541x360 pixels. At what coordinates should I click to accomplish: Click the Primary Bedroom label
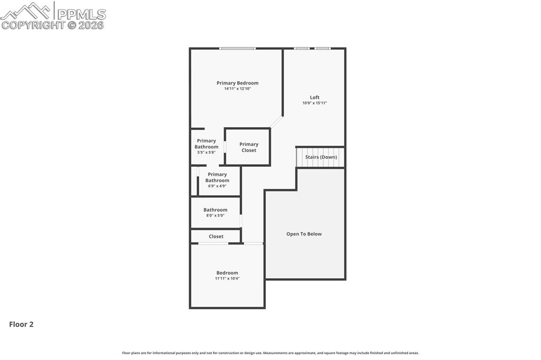237,83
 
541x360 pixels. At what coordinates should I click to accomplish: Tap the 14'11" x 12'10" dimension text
237,89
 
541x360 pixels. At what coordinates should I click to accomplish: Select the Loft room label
314,97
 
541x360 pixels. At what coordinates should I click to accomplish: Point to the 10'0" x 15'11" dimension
314,103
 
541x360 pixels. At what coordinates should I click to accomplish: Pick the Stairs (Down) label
321,157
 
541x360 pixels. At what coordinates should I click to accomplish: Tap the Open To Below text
304,234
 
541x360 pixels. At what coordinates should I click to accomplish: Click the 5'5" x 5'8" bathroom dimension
206,153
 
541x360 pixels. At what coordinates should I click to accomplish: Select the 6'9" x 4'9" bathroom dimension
217,186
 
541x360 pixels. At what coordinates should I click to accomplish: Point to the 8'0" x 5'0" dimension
215,215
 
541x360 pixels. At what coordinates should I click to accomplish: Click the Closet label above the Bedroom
216,236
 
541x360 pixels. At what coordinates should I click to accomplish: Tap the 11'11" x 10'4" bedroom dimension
227,278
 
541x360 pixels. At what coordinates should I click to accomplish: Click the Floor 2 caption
21,325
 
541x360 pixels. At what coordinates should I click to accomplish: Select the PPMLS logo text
81,14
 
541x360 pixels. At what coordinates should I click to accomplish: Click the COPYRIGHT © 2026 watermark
53,25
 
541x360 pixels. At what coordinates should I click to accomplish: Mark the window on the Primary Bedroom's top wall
237,49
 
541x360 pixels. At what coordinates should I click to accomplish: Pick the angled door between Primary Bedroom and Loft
276,122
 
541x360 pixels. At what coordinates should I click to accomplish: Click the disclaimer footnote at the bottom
270,353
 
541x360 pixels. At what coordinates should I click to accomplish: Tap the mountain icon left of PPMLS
25,11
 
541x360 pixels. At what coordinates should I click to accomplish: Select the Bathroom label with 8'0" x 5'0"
215,210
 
